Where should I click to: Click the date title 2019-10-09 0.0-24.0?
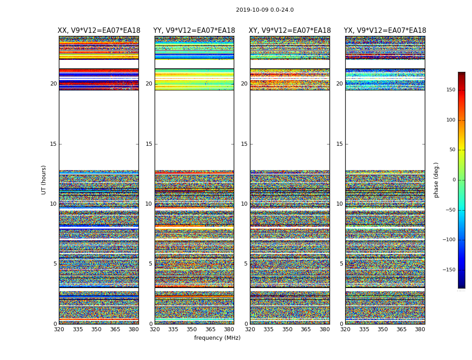(x=265, y=10)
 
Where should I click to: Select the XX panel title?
(x=99, y=31)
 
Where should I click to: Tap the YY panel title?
(x=194, y=31)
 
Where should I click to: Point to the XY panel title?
(x=290, y=31)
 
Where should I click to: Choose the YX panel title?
(x=385, y=31)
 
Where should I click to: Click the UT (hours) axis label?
(x=44, y=180)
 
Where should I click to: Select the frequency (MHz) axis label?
(x=217, y=338)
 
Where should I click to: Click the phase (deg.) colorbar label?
(x=436, y=180)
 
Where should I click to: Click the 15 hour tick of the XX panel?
(x=53, y=144)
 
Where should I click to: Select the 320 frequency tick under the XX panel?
(x=59, y=329)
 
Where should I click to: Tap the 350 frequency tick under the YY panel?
(x=192, y=329)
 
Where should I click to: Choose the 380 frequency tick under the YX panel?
(x=420, y=329)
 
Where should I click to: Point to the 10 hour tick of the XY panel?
(x=244, y=204)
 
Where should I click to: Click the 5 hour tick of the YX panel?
(x=341, y=264)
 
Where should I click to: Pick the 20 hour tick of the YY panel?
(x=149, y=84)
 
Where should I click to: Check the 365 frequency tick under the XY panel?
(x=306, y=329)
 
